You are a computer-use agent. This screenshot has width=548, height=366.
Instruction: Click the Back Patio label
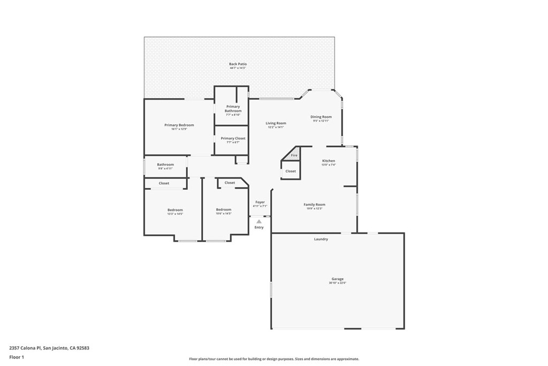(x=238, y=64)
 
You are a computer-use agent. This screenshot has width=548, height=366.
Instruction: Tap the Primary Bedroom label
(x=179, y=125)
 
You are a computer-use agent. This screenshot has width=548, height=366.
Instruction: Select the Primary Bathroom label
(x=233, y=108)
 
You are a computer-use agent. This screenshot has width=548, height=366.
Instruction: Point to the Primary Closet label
(x=233, y=138)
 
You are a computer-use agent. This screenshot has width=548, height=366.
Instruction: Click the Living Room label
(x=276, y=123)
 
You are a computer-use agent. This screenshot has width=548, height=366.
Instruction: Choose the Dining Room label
(x=321, y=117)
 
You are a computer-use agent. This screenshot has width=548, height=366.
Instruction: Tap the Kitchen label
(x=329, y=161)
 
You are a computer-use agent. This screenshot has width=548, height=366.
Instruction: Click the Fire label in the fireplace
(x=294, y=155)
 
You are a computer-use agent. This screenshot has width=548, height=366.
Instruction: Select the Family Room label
(x=315, y=204)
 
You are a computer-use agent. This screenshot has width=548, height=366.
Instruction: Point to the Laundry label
(x=321, y=239)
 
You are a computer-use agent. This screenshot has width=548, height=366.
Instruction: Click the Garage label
(x=337, y=279)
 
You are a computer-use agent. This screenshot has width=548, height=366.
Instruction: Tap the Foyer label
(x=260, y=202)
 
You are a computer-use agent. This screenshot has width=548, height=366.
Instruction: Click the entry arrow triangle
(x=259, y=221)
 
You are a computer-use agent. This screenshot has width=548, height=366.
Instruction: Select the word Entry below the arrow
(x=259, y=227)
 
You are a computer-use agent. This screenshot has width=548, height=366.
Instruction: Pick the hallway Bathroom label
(x=165, y=165)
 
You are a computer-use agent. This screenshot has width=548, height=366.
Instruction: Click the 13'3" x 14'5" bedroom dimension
(x=175, y=214)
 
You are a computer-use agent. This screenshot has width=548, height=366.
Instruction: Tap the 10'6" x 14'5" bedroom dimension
(x=224, y=214)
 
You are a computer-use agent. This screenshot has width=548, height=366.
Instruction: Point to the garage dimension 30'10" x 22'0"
(x=337, y=283)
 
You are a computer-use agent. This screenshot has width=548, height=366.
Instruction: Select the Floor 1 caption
(x=17, y=357)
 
